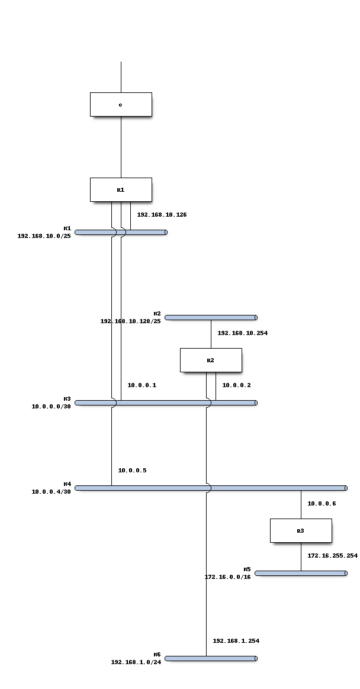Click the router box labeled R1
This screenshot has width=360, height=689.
click(x=121, y=190)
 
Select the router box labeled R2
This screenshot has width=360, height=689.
click(x=211, y=360)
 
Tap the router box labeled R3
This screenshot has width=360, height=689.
click(x=301, y=531)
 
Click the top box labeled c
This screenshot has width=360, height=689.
click(x=121, y=105)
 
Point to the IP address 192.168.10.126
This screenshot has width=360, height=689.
click(x=162, y=215)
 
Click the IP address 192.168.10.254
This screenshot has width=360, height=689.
click(x=242, y=333)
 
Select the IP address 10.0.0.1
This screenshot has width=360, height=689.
click(x=142, y=385)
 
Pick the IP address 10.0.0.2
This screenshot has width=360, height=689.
click(x=237, y=385)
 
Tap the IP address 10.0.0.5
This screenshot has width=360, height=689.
click(x=132, y=471)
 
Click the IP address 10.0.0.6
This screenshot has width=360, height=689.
click(x=322, y=504)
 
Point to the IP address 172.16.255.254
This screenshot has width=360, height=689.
click(x=332, y=556)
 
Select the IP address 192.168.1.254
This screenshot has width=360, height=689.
click(x=236, y=641)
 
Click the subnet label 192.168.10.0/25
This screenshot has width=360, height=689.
click(x=44, y=236)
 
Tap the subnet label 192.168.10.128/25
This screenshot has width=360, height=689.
click(x=130, y=321)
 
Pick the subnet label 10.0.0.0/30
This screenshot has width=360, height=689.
click(x=51, y=407)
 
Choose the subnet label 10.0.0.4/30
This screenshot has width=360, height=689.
click(x=51, y=492)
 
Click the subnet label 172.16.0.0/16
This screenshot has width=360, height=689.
click(x=227, y=577)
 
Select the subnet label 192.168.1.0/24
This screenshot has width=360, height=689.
click(x=136, y=662)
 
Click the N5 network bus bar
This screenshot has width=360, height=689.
click(x=301, y=573)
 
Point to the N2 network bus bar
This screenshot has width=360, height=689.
click(x=211, y=317)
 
